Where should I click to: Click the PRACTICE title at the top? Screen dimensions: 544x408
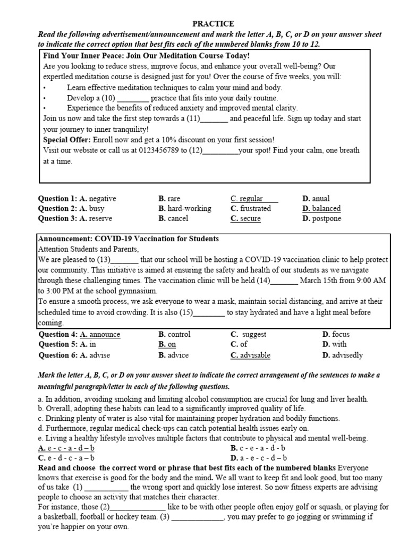tap(212, 24)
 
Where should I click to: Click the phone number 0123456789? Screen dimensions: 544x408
tap(155, 150)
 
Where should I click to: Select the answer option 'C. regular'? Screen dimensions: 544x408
tap(247, 199)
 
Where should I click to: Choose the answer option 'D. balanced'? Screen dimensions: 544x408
tap(321, 208)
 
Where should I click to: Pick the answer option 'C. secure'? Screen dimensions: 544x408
tap(245, 218)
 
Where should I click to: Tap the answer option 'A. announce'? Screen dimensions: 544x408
tap(100, 335)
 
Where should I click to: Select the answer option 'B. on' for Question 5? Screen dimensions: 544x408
tap(167, 344)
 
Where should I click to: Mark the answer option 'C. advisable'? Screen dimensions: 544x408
tap(250, 355)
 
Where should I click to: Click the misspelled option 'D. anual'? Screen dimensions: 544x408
tap(316, 199)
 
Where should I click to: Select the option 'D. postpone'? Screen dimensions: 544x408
tap(321, 218)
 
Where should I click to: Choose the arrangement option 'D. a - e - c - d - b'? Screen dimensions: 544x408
tap(258, 457)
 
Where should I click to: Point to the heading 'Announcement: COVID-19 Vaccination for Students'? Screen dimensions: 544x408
tap(128, 239)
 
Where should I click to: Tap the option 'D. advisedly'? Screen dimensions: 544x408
tap(342, 355)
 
